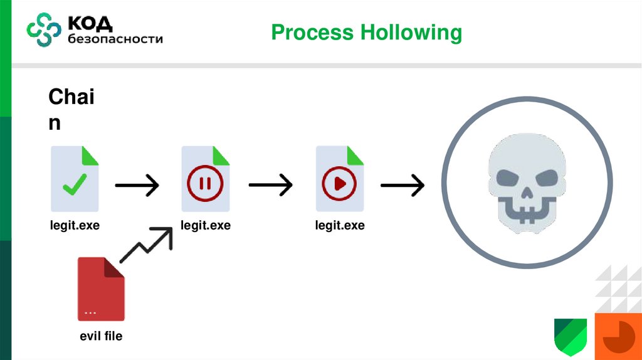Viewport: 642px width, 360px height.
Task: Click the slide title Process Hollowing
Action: click(366, 32)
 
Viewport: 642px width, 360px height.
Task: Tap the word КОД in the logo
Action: click(90, 24)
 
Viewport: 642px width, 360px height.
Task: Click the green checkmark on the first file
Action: click(75, 184)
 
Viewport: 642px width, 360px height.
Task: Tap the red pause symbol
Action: click(204, 183)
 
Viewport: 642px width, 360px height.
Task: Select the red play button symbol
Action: click(339, 183)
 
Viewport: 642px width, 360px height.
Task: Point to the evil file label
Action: click(101, 336)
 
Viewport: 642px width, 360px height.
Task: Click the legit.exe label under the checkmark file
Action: click(75, 225)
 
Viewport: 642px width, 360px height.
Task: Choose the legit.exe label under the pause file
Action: click(206, 225)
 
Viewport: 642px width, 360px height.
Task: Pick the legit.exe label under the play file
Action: click(339, 225)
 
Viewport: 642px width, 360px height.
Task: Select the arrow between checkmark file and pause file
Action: click(137, 185)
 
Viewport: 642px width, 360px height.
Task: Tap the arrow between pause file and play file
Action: click(271, 185)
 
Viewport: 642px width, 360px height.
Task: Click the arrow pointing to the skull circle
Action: click(403, 185)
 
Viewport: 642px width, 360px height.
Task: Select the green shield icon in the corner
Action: click(570, 336)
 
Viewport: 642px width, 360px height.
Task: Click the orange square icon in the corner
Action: click(618, 336)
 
